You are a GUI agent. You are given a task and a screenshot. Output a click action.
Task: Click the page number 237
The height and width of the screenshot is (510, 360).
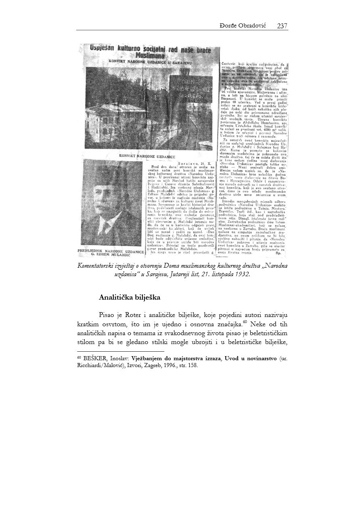(282, 26)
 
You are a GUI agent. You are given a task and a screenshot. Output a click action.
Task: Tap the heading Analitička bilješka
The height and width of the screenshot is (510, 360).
(130, 298)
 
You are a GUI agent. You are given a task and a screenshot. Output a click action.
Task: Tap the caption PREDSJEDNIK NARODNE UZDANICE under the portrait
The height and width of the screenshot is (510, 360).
(111, 252)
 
